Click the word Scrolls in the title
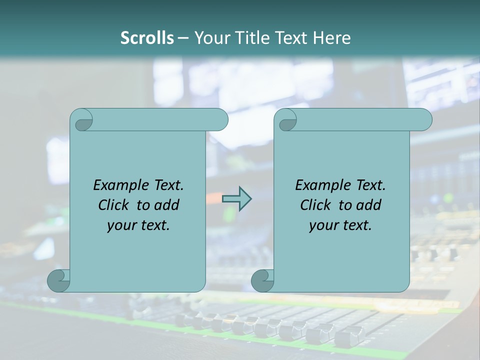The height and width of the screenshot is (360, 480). point(147,38)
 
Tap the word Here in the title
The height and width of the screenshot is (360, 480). point(332,38)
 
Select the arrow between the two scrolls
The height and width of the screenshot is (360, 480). point(236,199)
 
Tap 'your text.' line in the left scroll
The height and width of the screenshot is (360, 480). point(138,225)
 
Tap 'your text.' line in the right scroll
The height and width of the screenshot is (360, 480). point(340,225)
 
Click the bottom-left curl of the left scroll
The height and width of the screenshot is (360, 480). point(58,281)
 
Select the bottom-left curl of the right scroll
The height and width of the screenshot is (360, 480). point(262,281)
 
